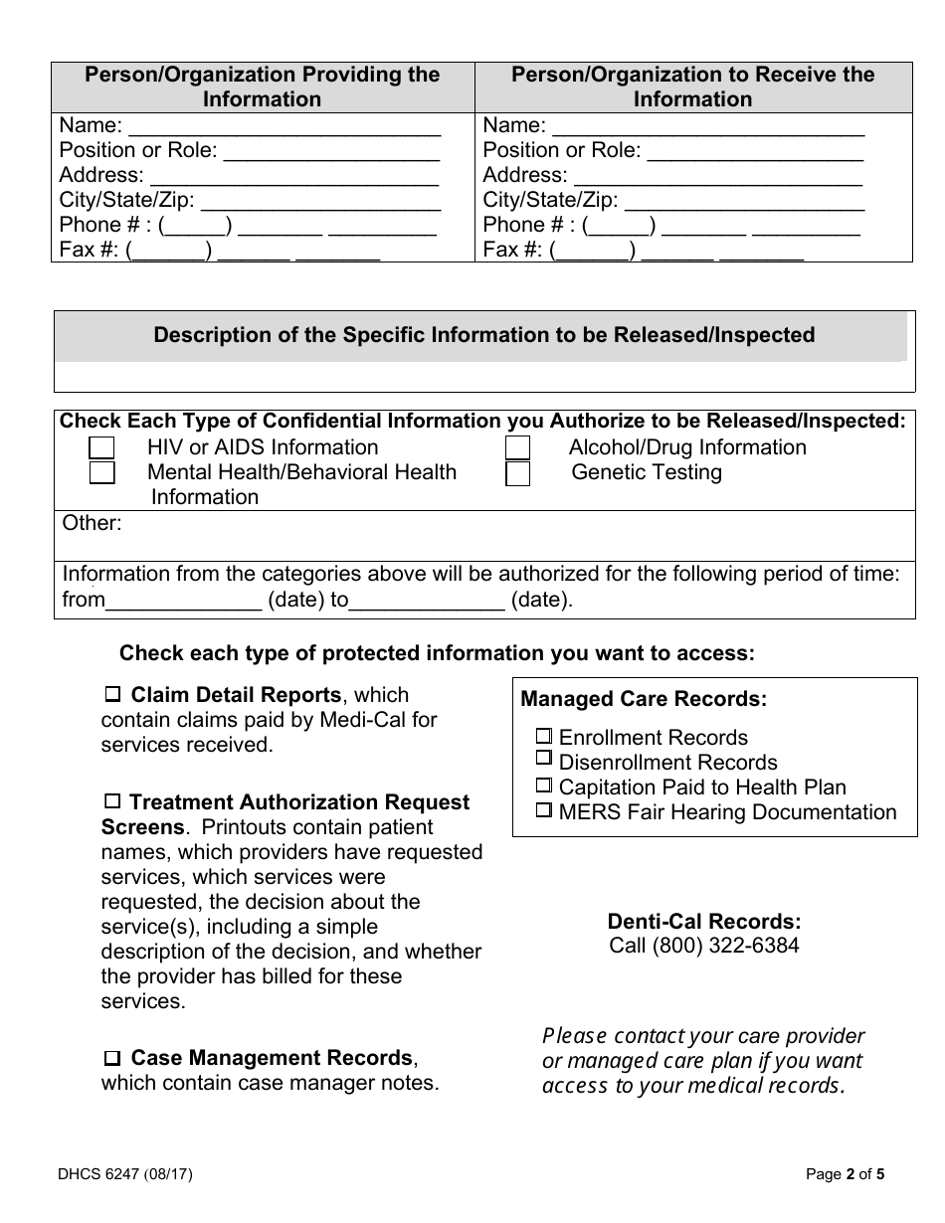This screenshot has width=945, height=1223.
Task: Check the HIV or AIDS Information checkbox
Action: click(x=101, y=448)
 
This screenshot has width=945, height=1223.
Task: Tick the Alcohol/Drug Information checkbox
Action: click(x=517, y=448)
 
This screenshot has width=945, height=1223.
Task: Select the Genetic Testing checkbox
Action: click(x=517, y=473)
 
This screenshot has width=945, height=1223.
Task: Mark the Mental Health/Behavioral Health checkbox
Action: click(x=101, y=473)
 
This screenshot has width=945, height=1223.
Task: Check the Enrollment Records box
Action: click(x=544, y=737)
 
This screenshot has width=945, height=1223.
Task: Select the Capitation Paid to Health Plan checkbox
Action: click(x=544, y=786)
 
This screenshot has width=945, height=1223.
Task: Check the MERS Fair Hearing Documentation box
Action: click(x=544, y=810)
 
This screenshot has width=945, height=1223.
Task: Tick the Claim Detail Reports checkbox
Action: click(x=113, y=694)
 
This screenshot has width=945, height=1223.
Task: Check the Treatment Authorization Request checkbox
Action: click(x=113, y=801)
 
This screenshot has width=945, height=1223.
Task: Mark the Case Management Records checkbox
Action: click(x=113, y=1058)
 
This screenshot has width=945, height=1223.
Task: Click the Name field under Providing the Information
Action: click(x=284, y=126)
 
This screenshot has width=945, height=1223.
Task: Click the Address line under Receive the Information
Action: click(x=717, y=176)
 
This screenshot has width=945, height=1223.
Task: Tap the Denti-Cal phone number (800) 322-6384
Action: click(x=704, y=946)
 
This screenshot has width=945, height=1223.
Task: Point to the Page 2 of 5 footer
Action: click(x=845, y=1173)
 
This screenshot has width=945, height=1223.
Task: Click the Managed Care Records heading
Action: click(x=644, y=699)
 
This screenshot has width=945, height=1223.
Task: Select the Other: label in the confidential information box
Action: click(x=93, y=523)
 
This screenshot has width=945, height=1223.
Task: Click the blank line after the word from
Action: click(x=183, y=601)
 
